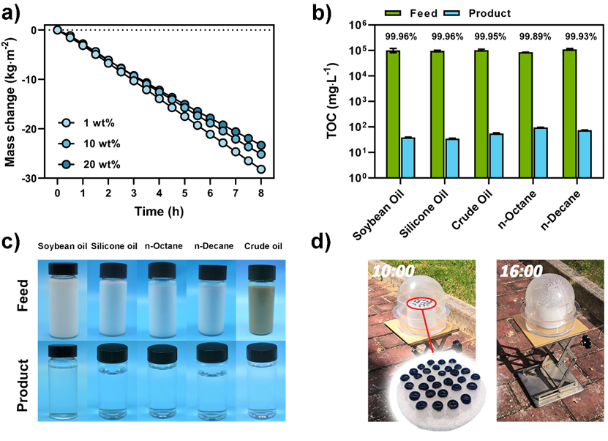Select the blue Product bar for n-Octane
(540, 153)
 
